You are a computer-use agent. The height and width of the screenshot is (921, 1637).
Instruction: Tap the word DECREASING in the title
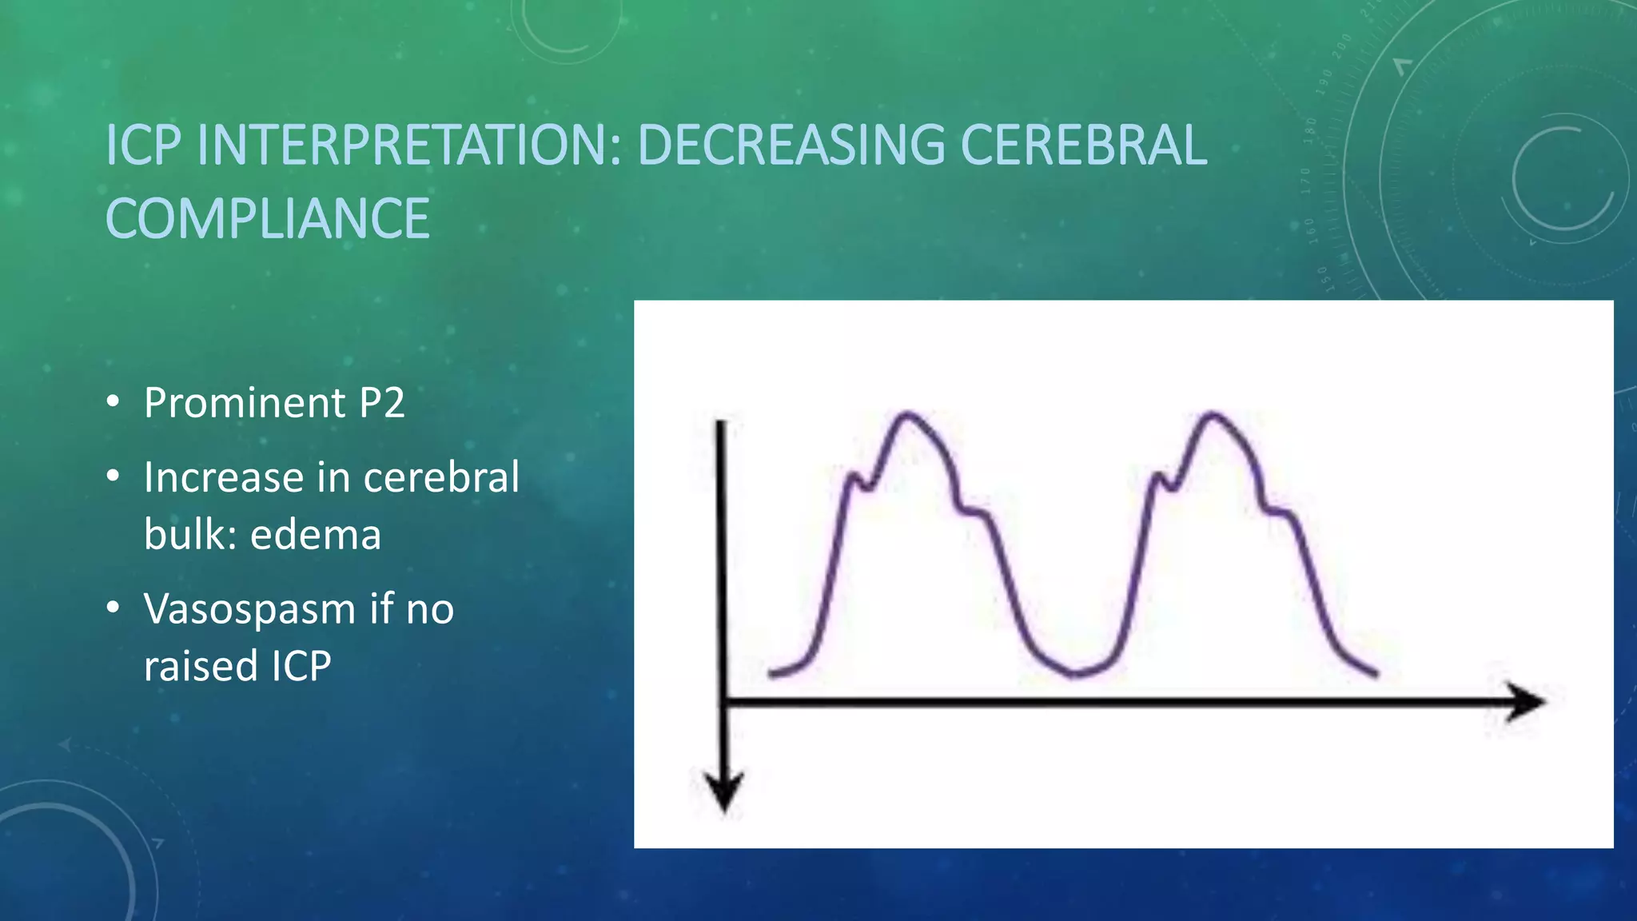point(791,146)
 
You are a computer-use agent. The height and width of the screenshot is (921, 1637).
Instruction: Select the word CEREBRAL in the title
point(1083,146)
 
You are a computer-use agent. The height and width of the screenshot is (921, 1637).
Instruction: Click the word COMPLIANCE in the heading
point(268,219)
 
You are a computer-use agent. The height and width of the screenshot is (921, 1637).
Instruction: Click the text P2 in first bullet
point(381,403)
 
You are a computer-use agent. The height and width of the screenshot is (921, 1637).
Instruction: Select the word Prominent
point(245,403)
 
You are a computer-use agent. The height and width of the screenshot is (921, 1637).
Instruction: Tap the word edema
point(316,535)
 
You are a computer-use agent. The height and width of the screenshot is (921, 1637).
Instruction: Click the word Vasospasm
point(249,610)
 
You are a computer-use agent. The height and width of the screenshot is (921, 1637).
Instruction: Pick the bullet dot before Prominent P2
point(114,402)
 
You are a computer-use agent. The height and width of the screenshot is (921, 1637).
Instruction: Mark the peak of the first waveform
point(907,414)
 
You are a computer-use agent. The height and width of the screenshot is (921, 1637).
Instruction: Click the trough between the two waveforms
point(1075,673)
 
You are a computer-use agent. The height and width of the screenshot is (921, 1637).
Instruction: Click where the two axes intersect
point(723,702)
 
